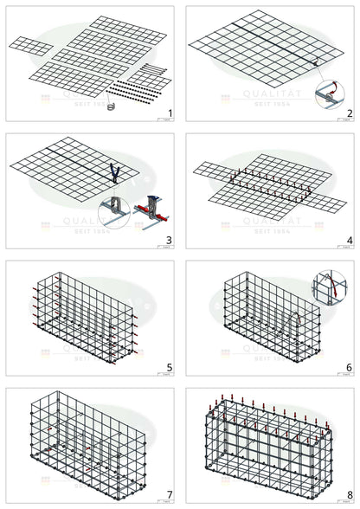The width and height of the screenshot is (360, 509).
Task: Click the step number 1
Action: pos(170,113)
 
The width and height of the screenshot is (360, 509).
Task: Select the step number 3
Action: pos(170,240)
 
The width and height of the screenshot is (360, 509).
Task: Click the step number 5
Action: pos(170,367)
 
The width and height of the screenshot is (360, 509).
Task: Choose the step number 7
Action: pos(170,495)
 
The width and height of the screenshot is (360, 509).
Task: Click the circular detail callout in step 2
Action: pos(330,92)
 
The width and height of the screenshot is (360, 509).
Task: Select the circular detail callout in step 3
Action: pos(114,211)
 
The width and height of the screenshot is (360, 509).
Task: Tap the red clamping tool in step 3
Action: pos(152,208)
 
